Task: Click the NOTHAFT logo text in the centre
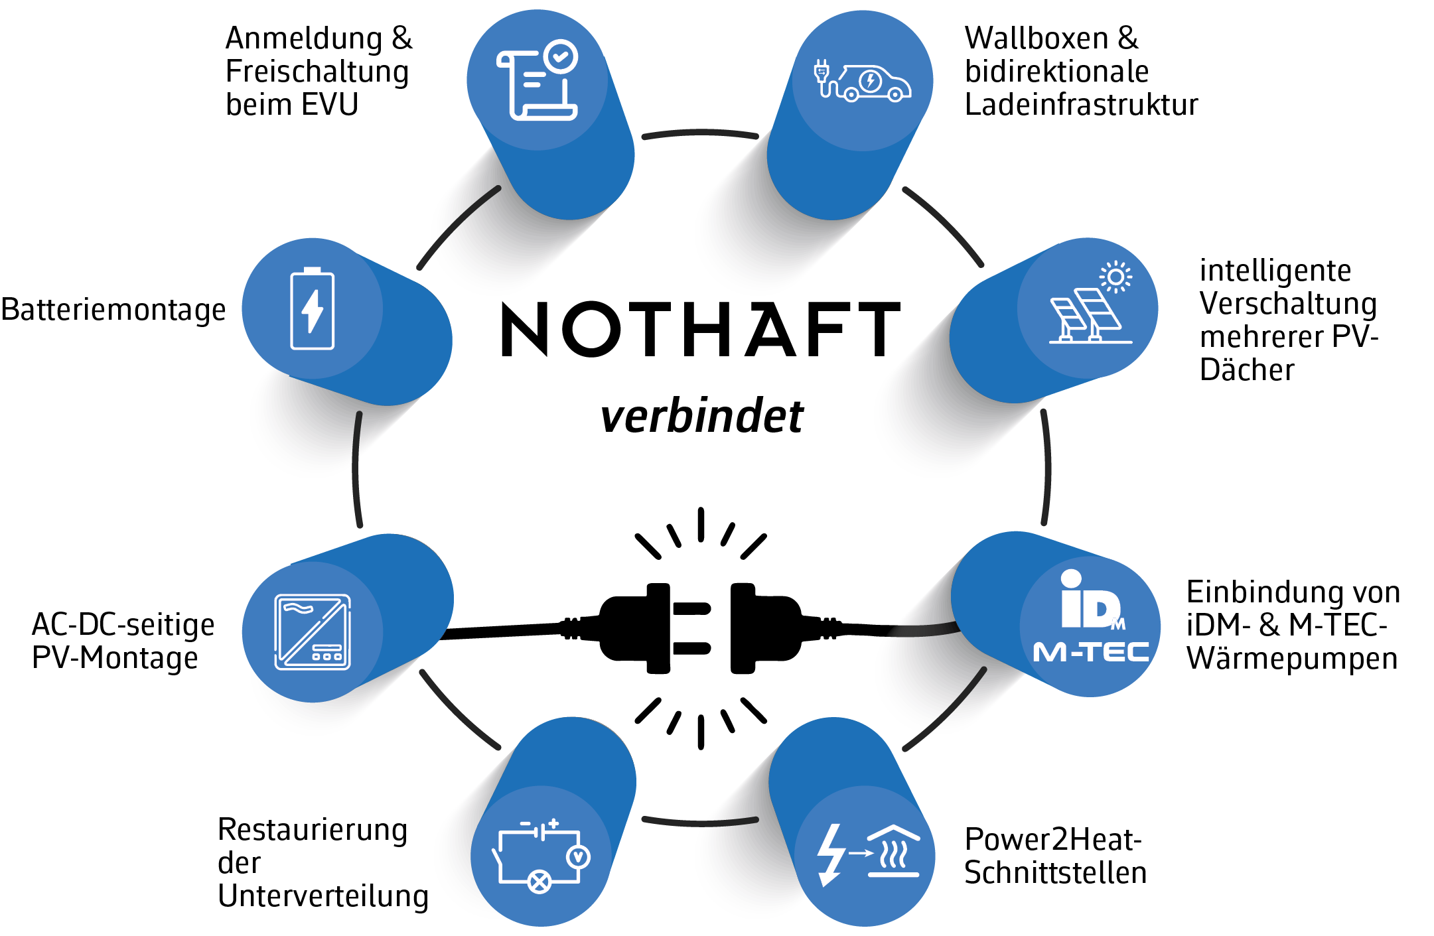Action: (700, 329)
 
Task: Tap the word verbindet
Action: (701, 417)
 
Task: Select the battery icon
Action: (312, 308)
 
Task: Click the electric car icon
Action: (863, 82)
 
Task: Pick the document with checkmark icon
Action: (537, 80)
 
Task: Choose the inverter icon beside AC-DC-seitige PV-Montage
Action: (313, 632)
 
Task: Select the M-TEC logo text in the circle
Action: (1091, 652)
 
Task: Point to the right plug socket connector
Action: (763, 628)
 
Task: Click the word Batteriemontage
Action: (113, 310)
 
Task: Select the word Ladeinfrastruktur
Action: (1081, 105)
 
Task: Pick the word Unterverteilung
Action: (323, 896)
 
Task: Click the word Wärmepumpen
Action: (1292, 659)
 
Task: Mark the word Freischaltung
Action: (317, 72)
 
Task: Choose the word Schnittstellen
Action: (1055, 872)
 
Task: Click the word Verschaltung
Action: (1288, 304)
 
